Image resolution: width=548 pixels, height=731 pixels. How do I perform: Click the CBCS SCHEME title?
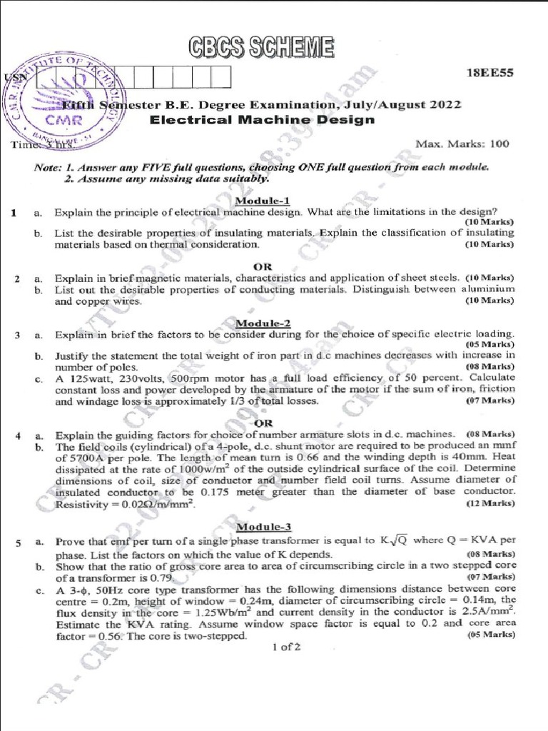pyautogui.click(x=261, y=47)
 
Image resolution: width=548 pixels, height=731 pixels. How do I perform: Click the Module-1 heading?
pyautogui.click(x=263, y=201)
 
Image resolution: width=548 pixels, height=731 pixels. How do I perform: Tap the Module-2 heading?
pyautogui.click(x=263, y=323)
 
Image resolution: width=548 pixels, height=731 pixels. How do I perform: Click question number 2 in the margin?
pyautogui.click(x=16, y=278)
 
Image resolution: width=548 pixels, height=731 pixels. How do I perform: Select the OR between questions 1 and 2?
pyautogui.click(x=263, y=266)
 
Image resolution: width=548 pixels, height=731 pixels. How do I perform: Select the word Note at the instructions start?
pyautogui.click(x=49, y=166)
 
